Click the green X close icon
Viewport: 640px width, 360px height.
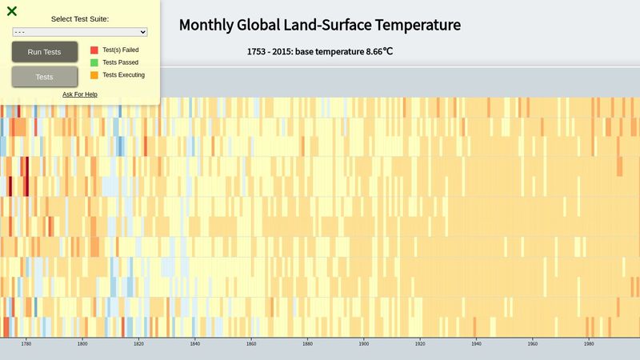pyautogui.click(x=12, y=11)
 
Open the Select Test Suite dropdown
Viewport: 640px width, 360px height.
pyautogui.click(x=80, y=32)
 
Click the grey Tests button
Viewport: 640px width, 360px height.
pyautogui.click(x=45, y=77)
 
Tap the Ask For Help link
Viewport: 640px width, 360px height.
pyautogui.click(x=80, y=94)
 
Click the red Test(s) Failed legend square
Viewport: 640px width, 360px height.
pyautogui.click(x=94, y=50)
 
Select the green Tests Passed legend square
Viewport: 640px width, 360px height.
pyautogui.click(x=94, y=62)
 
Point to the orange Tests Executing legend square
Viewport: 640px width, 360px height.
pyautogui.click(x=94, y=75)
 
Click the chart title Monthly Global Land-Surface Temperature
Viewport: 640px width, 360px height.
pyautogui.click(x=319, y=25)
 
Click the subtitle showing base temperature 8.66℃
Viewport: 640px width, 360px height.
pyautogui.click(x=320, y=51)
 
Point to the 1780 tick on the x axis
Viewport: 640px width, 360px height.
pyautogui.click(x=26, y=344)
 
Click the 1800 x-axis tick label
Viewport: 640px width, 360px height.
pyautogui.click(x=82, y=344)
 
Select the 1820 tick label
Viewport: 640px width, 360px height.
pyautogui.click(x=138, y=344)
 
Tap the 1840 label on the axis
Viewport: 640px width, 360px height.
pyautogui.click(x=195, y=344)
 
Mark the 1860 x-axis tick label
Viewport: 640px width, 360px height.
pyautogui.click(x=251, y=344)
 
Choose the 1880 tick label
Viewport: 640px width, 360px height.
pyautogui.click(x=308, y=344)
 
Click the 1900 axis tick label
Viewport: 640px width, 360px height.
pyautogui.click(x=364, y=344)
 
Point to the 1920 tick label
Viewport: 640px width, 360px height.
pyautogui.click(x=420, y=344)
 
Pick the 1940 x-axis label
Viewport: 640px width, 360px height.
pyautogui.click(x=477, y=344)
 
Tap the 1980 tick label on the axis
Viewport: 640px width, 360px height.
pyautogui.click(x=590, y=344)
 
